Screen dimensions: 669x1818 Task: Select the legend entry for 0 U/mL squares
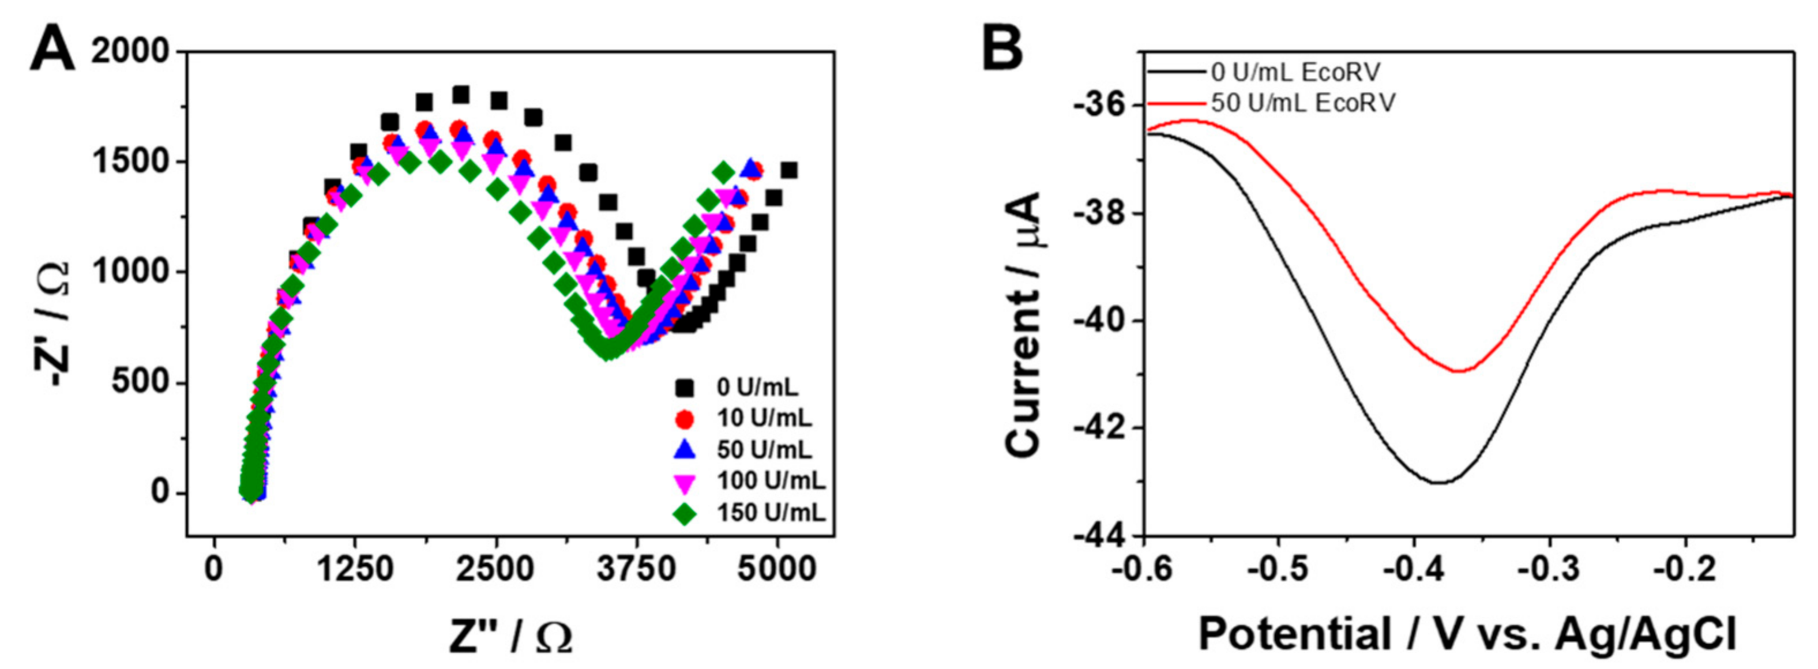click(756, 388)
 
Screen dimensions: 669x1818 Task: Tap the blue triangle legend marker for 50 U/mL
click(685, 449)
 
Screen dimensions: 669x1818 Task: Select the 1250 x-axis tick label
click(354, 569)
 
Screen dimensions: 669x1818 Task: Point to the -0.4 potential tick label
click(1412, 569)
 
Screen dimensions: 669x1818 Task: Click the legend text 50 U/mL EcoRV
click(1302, 104)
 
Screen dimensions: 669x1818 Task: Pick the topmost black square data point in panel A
click(460, 95)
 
